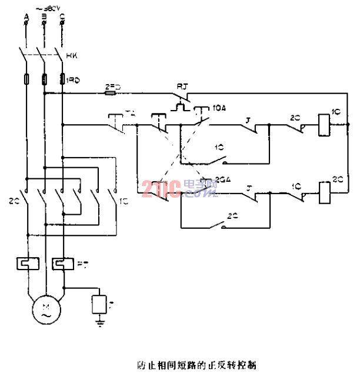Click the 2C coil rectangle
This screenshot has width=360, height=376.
pos(322,191)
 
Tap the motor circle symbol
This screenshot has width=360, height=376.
pos(45,309)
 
